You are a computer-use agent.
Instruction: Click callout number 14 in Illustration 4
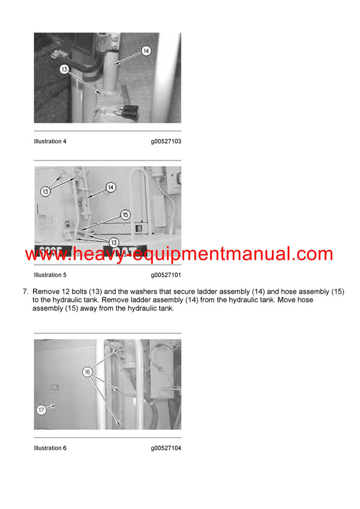(146, 52)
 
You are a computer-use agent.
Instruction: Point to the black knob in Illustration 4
(130, 111)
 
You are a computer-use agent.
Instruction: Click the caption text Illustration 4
(50, 141)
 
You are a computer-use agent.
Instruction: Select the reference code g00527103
(166, 141)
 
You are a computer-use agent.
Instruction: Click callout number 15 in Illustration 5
(125, 214)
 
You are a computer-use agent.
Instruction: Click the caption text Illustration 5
(50, 275)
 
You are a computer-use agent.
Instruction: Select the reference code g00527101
(166, 275)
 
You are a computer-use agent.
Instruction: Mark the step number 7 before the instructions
(26, 292)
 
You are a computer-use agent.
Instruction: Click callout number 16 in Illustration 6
(88, 372)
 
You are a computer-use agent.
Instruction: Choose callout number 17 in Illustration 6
(41, 411)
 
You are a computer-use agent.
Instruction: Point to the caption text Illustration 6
(50, 448)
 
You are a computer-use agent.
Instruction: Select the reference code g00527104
(166, 448)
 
